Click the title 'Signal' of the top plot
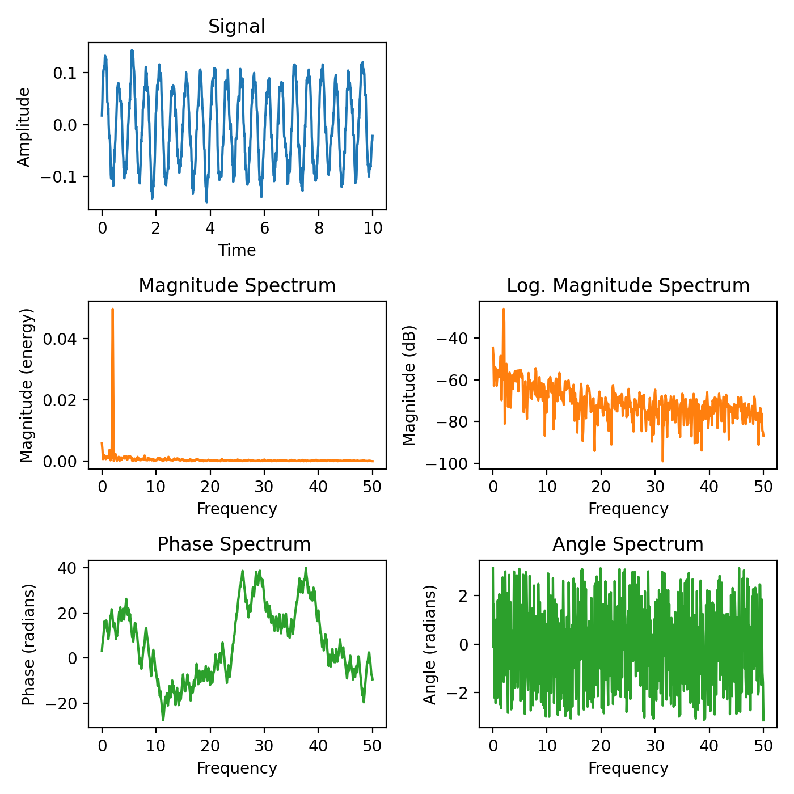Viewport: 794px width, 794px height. click(236, 27)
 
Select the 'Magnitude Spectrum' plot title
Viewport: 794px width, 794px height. click(236, 285)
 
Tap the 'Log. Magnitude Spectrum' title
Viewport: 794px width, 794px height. click(628, 285)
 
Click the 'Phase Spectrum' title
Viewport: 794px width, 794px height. click(234, 544)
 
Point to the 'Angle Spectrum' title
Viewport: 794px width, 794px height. click(628, 544)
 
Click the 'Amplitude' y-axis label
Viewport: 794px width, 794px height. click(23, 127)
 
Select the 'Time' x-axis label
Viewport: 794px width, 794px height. click(237, 250)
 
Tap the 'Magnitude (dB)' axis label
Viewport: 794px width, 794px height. click(409, 385)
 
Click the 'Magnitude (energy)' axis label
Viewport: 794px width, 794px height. click(27, 386)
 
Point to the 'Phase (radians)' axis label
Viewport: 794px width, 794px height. click(28, 644)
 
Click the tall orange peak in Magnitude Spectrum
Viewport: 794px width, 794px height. click(113, 310)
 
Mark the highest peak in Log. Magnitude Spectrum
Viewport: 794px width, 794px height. click(503, 310)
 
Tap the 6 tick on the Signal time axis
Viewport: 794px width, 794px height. click(264, 228)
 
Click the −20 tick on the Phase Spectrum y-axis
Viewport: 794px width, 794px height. click(62, 703)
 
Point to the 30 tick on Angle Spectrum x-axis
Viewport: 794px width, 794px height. click(655, 745)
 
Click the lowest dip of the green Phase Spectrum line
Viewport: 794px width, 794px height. click(163, 720)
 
